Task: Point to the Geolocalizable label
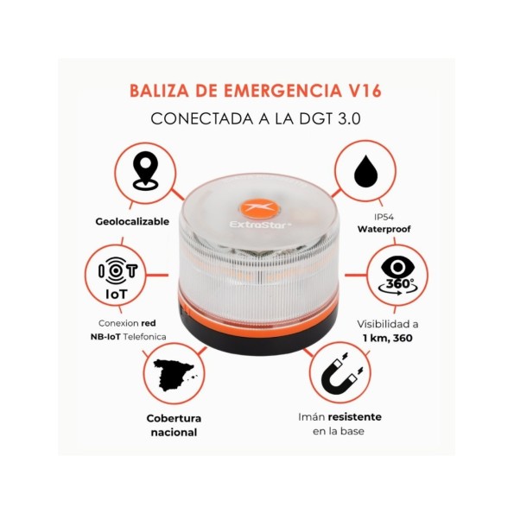click(x=132, y=222)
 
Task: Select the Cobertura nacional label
click(x=172, y=424)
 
